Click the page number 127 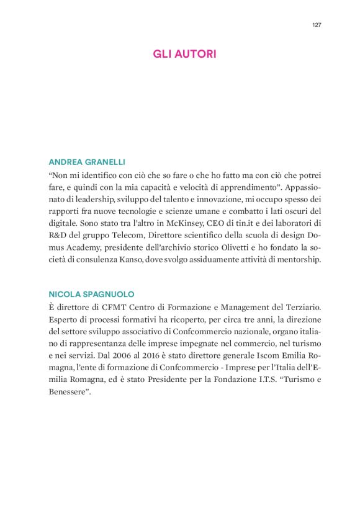click(317, 25)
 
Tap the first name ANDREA click(65, 162)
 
